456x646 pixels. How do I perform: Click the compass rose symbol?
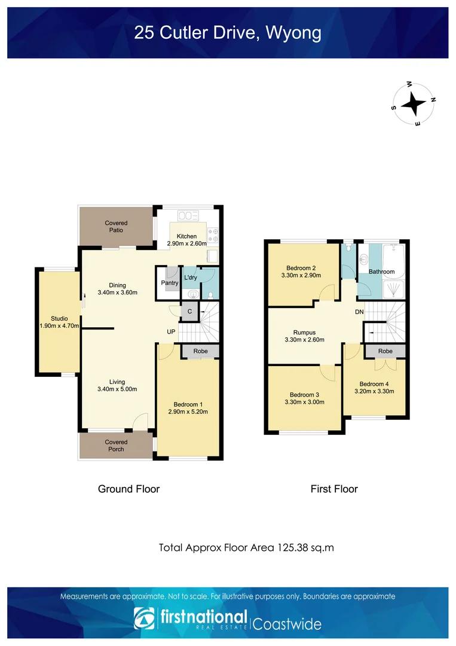pyautogui.click(x=413, y=104)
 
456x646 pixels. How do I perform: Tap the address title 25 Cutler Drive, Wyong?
pyautogui.click(x=228, y=32)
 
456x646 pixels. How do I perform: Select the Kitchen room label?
pyautogui.click(x=186, y=236)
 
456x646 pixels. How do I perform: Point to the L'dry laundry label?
pyautogui.click(x=191, y=278)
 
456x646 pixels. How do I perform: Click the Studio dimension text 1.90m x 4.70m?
pyautogui.click(x=59, y=327)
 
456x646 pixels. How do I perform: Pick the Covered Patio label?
pyautogui.click(x=116, y=227)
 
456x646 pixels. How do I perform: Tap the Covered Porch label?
pyautogui.click(x=116, y=446)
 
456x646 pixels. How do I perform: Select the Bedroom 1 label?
pyautogui.click(x=188, y=404)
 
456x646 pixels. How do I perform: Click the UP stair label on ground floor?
pyautogui.click(x=171, y=331)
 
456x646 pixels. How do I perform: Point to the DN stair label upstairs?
pyautogui.click(x=359, y=312)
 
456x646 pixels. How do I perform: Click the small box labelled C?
pyautogui.click(x=189, y=311)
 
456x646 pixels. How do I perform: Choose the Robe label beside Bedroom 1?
pyautogui.click(x=200, y=351)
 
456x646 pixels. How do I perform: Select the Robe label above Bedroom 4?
pyautogui.click(x=385, y=351)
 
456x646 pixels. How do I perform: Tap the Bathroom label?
pyautogui.click(x=381, y=272)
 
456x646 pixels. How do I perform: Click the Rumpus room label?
pyautogui.click(x=304, y=333)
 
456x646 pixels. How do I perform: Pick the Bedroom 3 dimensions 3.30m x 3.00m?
pyautogui.click(x=304, y=402)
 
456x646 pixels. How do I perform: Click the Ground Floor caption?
pyautogui.click(x=128, y=489)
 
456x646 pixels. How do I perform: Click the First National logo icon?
pyautogui.click(x=143, y=619)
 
